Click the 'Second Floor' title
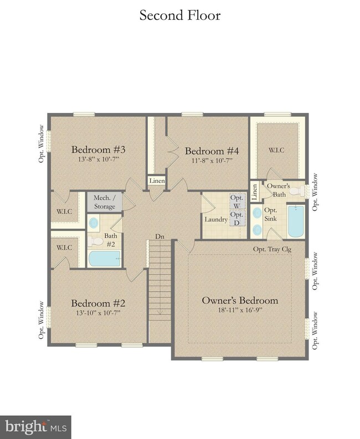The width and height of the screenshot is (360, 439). click(x=179, y=15)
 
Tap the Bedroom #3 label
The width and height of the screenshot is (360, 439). click(x=99, y=150)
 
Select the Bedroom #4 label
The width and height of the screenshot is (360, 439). click(x=212, y=151)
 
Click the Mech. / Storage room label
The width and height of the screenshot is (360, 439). click(x=104, y=203)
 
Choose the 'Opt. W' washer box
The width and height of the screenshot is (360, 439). click(x=236, y=202)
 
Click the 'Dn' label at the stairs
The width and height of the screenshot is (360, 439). click(x=160, y=236)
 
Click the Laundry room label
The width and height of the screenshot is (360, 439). click(x=216, y=220)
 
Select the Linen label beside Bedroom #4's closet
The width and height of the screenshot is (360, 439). click(x=156, y=180)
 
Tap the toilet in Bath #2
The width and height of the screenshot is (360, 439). click(x=96, y=241)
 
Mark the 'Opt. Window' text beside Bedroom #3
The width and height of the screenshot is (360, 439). click(x=41, y=137)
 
